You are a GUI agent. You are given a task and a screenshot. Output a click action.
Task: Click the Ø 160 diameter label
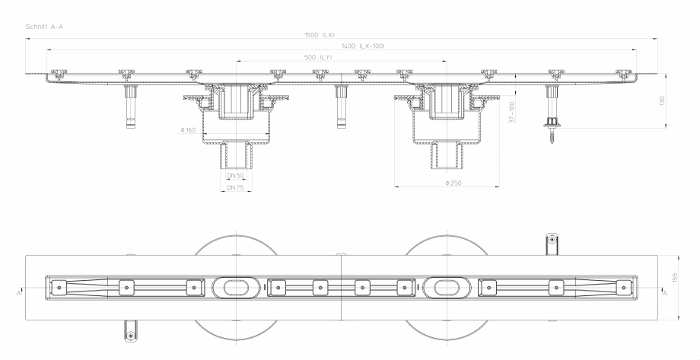(189, 130)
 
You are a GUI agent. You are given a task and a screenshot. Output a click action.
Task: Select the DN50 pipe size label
(235, 176)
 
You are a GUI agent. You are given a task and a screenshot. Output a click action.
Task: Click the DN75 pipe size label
(236, 188)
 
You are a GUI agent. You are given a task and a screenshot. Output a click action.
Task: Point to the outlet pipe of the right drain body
(447, 156)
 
